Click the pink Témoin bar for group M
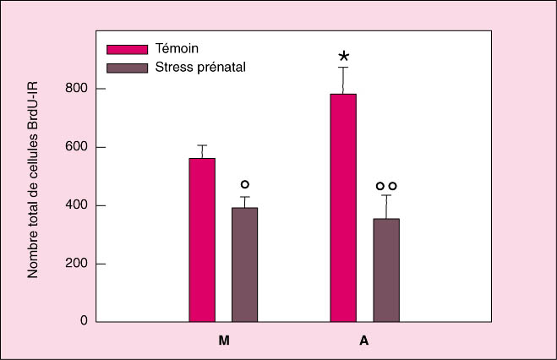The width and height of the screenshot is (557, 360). (202, 240)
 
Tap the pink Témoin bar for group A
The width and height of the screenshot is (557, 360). (343, 208)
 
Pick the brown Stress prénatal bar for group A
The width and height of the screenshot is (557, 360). (386, 270)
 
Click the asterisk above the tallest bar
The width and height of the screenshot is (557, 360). (344, 57)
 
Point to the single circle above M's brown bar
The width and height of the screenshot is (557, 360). (245, 184)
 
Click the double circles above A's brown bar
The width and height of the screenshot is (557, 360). (386, 186)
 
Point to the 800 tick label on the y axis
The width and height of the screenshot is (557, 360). (75, 89)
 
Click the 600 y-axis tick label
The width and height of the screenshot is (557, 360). (75, 147)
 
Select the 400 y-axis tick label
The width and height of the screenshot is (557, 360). (75, 205)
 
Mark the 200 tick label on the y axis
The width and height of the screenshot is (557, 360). (75, 264)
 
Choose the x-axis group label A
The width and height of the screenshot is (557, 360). (364, 341)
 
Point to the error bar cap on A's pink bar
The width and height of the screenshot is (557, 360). (344, 68)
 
